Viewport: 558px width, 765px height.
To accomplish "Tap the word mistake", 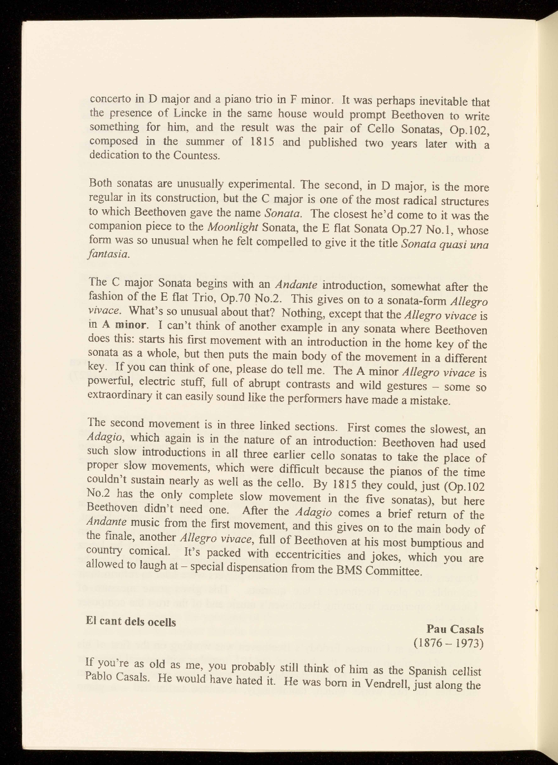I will point(428,401).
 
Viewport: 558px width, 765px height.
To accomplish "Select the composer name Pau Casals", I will point(455,629).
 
